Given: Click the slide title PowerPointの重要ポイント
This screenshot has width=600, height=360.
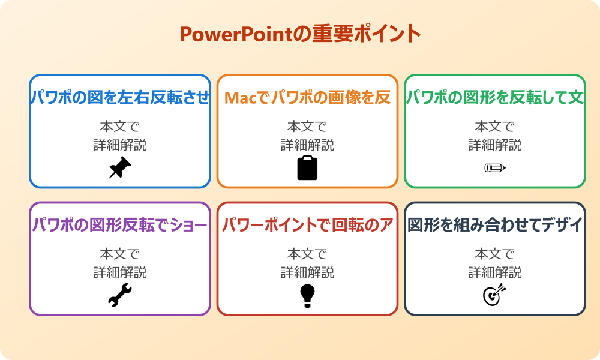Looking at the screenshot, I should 300,34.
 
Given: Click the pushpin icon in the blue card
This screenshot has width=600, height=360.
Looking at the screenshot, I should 120,168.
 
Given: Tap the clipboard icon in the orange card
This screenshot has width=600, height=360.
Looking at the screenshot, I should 307,168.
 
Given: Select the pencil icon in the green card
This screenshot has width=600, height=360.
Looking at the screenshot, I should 495,167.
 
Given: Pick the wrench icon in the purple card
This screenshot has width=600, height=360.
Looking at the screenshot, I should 120,295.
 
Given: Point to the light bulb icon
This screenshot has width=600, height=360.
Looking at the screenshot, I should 307,295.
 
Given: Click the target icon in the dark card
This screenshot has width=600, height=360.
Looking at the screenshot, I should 495,295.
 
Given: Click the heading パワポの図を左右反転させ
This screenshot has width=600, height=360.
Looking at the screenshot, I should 120,97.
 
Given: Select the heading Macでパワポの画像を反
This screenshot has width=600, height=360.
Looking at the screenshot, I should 307,97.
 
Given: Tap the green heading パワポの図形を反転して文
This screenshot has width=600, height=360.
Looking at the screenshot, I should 495,97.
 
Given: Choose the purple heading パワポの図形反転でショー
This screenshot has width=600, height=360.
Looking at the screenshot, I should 120,225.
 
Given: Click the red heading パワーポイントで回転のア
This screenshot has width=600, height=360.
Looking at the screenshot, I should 307,225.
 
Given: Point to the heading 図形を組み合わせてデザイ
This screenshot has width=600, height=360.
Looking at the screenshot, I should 495,225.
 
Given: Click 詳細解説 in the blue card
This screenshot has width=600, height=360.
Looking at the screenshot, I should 120,145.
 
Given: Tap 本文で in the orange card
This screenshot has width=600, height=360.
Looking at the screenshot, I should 307,127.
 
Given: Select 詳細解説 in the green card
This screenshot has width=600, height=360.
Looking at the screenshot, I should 495,145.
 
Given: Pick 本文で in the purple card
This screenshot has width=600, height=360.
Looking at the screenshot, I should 120,254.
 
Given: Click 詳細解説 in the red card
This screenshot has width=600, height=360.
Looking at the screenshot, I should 307,272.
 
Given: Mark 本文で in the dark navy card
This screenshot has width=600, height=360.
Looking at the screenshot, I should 495,254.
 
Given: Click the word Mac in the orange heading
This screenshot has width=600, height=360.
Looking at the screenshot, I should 239,98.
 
